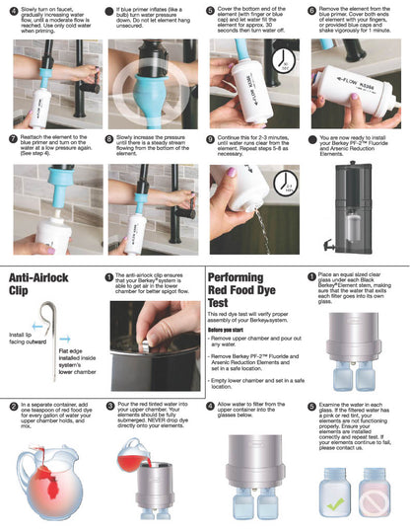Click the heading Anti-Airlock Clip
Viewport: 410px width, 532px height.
tap(43, 284)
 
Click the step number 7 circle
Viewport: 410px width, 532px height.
tap(12, 139)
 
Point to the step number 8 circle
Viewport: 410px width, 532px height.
tap(109, 139)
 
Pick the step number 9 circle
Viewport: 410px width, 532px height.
tap(210, 139)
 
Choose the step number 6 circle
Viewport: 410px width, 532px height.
tap(311, 9)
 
